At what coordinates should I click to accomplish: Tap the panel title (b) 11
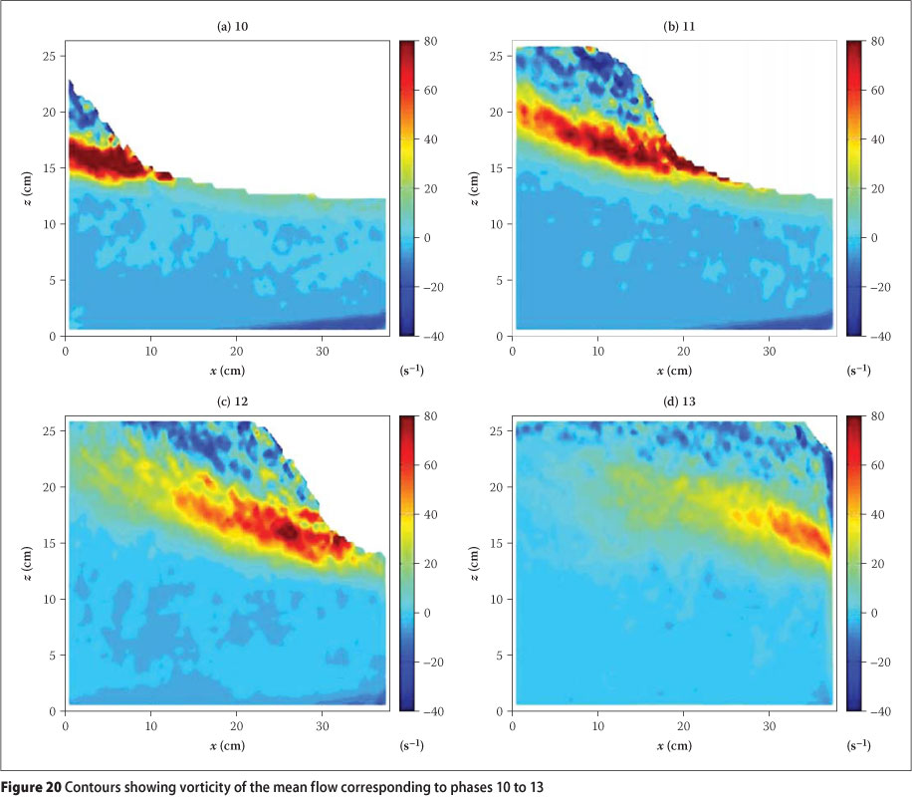click(672, 25)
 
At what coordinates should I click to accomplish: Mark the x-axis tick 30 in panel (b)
click(770, 351)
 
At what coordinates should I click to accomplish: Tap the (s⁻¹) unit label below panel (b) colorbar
click(856, 370)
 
